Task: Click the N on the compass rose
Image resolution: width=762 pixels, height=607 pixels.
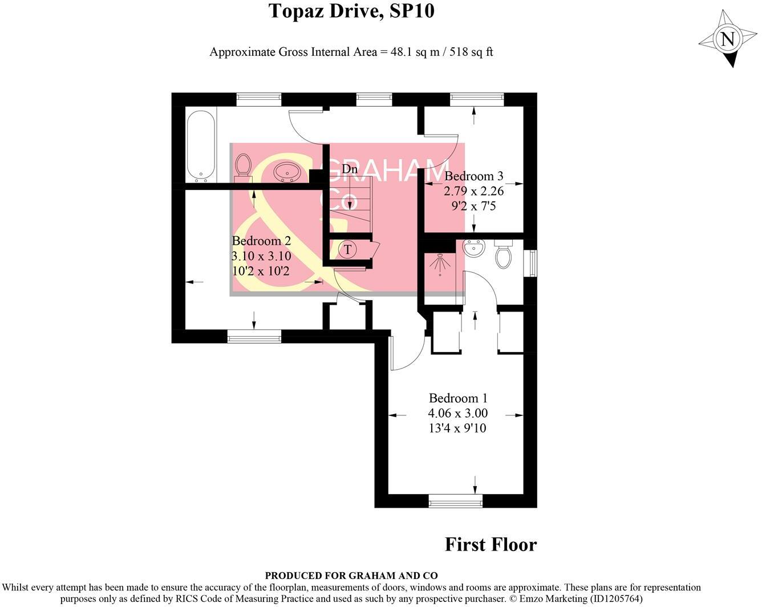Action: point(727,39)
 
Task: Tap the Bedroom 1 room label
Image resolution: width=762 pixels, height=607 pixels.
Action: point(458,398)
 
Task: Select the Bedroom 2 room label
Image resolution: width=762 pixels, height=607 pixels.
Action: point(261,241)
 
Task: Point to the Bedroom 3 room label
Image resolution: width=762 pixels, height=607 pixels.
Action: point(474,176)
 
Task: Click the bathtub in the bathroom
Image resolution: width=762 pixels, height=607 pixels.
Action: point(201,145)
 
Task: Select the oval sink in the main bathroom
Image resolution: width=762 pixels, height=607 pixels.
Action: point(287,172)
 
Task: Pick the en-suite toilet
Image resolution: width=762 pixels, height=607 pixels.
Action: point(503,254)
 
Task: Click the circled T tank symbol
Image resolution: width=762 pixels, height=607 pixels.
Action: point(347,250)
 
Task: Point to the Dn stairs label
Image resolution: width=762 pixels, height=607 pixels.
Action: point(350,169)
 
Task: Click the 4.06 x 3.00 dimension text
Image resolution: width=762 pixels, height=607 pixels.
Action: point(458,413)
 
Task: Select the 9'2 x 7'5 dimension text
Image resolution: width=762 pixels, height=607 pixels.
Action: point(474,206)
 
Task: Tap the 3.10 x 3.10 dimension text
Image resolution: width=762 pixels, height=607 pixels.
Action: point(261,256)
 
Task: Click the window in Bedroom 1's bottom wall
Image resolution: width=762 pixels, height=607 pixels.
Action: point(455,501)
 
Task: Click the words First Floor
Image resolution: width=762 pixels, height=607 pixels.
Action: point(491,544)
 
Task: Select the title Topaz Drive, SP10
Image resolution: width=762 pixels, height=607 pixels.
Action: point(351,11)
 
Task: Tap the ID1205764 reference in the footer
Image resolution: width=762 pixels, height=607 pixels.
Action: point(615,599)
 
